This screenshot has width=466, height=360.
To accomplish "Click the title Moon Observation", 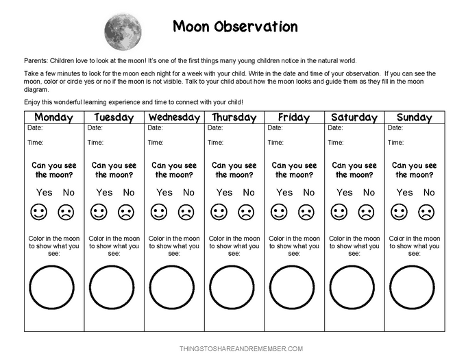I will click(x=235, y=27).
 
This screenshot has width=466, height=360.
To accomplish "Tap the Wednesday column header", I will click(x=174, y=117).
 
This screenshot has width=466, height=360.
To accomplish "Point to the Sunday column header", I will click(x=415, y=117).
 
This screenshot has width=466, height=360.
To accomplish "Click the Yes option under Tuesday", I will click(x=104, y=193).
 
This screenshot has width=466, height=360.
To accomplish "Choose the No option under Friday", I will click(x=309, y=193).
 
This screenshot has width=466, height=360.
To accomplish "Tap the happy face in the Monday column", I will click(x=40, y=213).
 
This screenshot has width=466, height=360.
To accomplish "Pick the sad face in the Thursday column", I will click(x=246, y=213).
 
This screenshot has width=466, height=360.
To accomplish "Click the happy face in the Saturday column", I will click(x=340, y=213).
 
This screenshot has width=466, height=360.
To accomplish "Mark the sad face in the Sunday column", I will click(x=426, y=213).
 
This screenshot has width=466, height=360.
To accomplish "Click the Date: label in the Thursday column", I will click(x=215, y=128).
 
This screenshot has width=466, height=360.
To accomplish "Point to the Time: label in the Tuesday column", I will click(x=95, y=143).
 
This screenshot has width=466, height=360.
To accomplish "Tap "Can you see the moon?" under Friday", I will click(x=294, y=170).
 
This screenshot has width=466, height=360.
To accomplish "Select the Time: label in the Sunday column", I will click(x=395, y=143).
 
